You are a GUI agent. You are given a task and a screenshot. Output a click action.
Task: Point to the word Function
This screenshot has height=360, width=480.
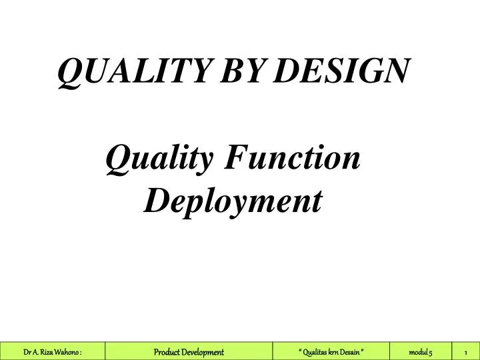[x=294, y=159]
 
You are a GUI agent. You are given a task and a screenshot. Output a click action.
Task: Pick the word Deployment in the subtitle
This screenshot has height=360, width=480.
[x=233, y=199]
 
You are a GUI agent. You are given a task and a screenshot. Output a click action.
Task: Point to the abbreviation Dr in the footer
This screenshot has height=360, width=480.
[x=27, y=351]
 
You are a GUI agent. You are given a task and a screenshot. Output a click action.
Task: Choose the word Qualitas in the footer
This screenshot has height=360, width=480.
[x=315, y=351]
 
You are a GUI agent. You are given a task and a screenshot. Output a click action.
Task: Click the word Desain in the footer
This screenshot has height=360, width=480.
[x=351, y=351]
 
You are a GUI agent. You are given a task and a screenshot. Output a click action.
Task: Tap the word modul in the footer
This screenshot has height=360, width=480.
[x=418, y=351]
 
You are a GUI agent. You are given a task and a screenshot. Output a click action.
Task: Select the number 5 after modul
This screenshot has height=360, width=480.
[x=431, y=351]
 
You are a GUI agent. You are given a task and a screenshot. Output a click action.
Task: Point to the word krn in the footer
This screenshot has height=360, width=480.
[x=334, y=351]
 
